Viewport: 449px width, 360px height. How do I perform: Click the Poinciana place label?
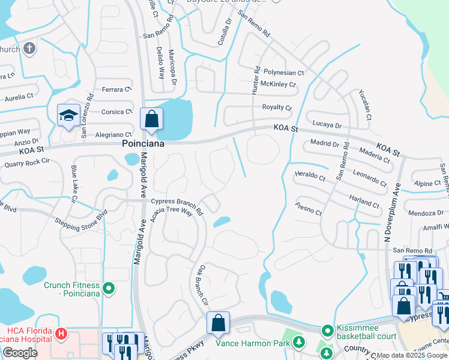(143, 145)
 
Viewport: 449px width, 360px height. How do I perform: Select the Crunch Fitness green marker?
(108, 289)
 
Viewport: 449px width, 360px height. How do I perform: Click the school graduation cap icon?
(68, 115)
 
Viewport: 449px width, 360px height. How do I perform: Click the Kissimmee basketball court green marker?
(327, 331)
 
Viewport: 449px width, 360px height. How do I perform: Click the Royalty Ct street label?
(276, 108)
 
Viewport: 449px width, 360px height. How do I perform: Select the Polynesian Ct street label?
(284, 71)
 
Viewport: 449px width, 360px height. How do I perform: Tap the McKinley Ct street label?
(278, 85)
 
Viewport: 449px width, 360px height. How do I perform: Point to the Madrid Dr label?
(325, 144)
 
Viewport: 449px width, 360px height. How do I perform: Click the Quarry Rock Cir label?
(26, 161)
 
